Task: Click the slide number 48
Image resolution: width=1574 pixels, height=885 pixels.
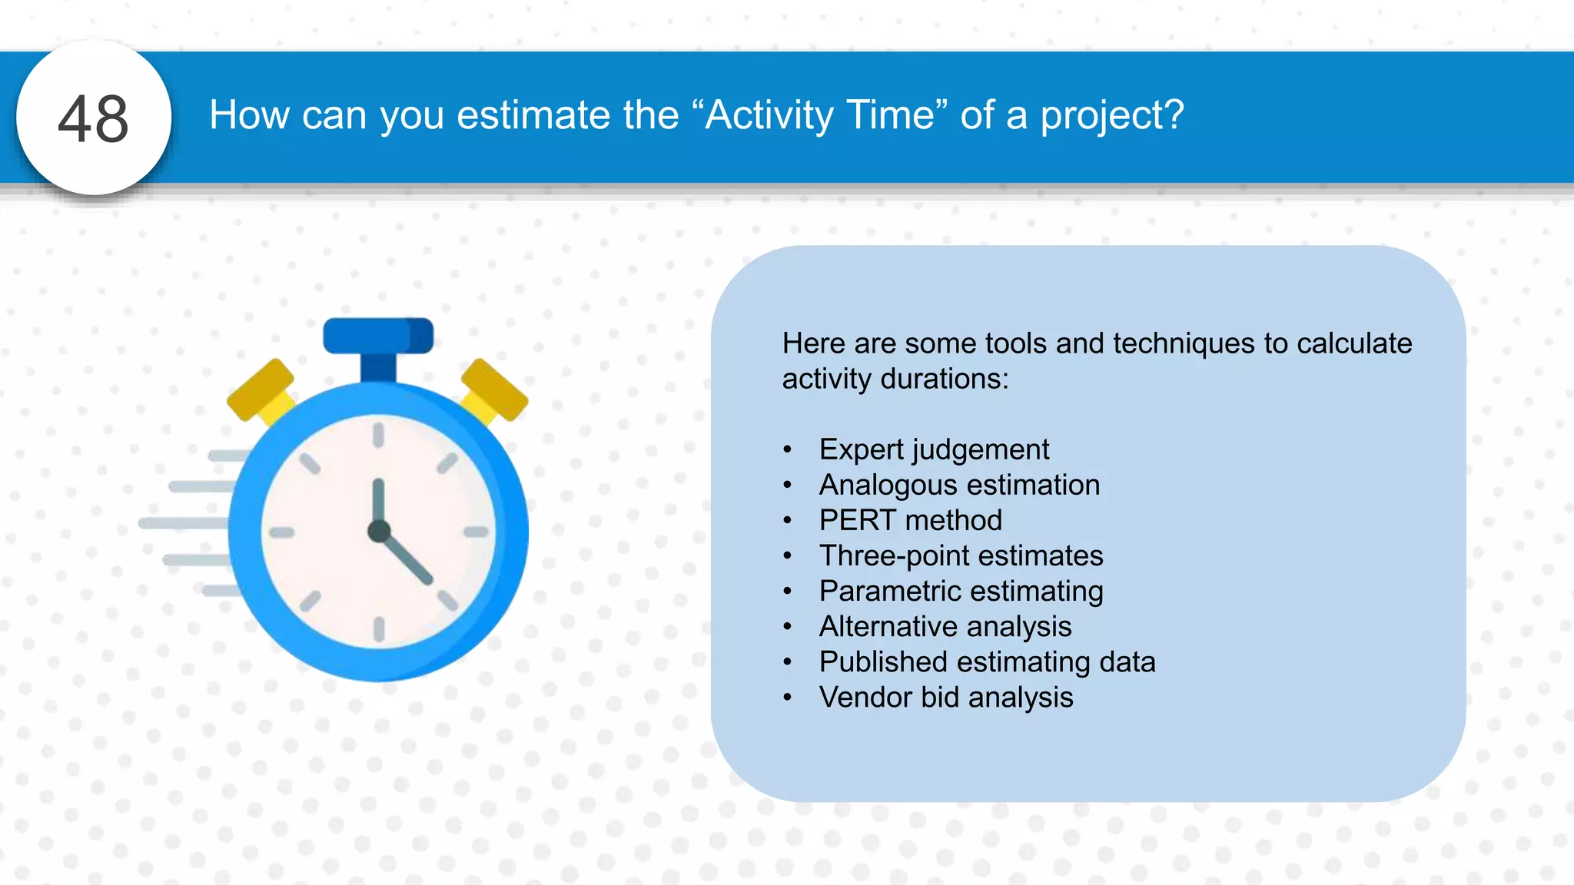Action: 93,119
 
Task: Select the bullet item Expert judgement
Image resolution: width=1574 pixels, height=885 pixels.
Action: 933,449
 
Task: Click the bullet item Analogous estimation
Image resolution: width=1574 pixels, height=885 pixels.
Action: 959,485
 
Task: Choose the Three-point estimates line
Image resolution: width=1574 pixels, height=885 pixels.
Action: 961,555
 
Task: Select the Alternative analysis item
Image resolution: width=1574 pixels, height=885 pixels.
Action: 945,626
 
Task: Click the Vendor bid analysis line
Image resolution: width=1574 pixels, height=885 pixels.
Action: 945,697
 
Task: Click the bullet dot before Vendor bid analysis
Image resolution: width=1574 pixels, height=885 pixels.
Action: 787,698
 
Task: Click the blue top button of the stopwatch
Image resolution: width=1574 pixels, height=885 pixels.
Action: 377,336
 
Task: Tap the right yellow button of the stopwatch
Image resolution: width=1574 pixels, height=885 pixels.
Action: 495,390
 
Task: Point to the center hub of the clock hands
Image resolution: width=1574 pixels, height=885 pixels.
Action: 379,531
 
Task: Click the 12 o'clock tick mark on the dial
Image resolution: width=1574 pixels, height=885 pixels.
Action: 378,435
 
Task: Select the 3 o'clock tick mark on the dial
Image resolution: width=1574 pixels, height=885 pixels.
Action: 476,532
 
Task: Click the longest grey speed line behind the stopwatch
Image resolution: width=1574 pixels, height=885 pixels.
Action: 184,523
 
